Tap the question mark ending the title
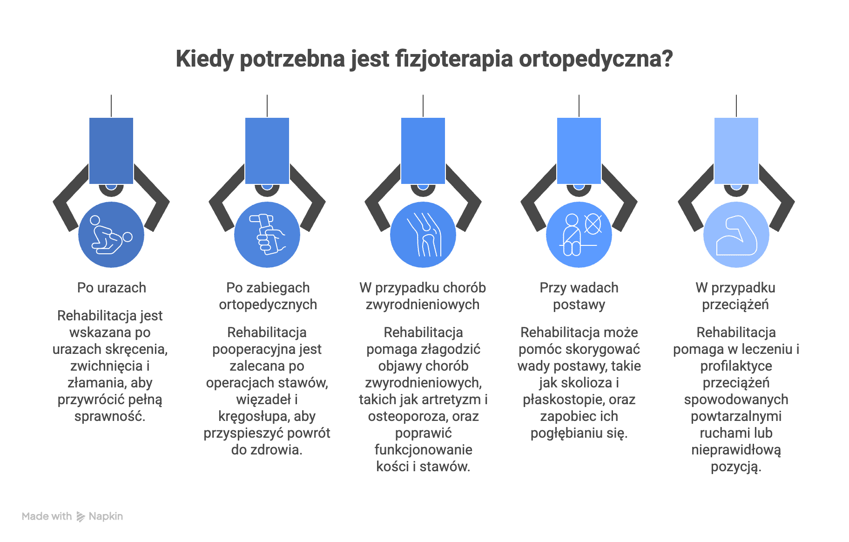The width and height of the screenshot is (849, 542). (x=667, y=59)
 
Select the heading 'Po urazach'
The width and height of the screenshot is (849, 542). (x=112, y=288)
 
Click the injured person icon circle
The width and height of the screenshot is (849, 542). (x=111, y=235)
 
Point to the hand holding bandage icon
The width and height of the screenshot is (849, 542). (x=267, y=235)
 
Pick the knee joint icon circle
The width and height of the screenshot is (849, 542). (x=423, y=235)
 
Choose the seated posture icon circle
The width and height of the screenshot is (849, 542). (x=579, y=235)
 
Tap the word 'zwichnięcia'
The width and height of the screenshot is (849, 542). (x=107, y=366)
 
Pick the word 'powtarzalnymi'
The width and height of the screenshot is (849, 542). (x=736, y=417)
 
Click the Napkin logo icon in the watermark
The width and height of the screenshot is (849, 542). (x=81, y=516)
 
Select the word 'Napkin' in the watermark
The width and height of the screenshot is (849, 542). (x=106, y=516)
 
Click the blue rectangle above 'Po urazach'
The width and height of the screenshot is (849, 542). (x=111, y=151)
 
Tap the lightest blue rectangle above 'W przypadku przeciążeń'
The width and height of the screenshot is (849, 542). (x=736, y=151)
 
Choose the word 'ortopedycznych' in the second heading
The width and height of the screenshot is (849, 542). (x=268, y=305)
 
